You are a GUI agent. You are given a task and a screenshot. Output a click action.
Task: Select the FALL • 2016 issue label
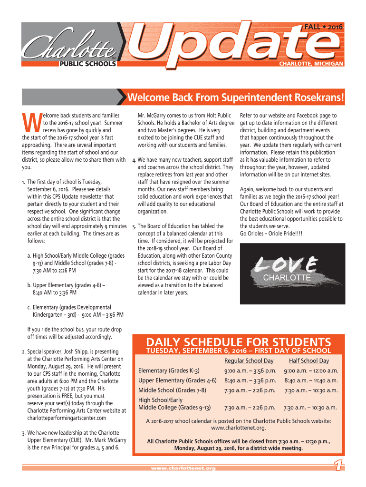[323, 28]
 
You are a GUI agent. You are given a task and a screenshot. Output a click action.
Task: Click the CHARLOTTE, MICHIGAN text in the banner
[311, 63]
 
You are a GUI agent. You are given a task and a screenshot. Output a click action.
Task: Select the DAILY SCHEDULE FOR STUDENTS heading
[239, 342]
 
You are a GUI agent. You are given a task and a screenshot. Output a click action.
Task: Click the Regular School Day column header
[249, 361]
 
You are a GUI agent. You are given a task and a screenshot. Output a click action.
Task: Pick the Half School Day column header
[309, 361]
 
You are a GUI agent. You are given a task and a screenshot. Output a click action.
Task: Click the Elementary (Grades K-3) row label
[168, 370]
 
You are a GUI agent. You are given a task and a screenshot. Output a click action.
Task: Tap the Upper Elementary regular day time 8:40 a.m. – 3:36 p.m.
[250, 380]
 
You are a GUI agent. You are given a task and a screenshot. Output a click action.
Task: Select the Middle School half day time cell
[311, 390]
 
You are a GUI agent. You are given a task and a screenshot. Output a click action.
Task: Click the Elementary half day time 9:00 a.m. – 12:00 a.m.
[311, 370]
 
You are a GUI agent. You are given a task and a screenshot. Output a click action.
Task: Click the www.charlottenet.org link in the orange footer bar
[183, 468]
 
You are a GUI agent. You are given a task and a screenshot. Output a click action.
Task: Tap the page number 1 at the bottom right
[338, 467]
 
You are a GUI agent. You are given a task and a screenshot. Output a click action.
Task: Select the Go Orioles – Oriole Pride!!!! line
[271, 233]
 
